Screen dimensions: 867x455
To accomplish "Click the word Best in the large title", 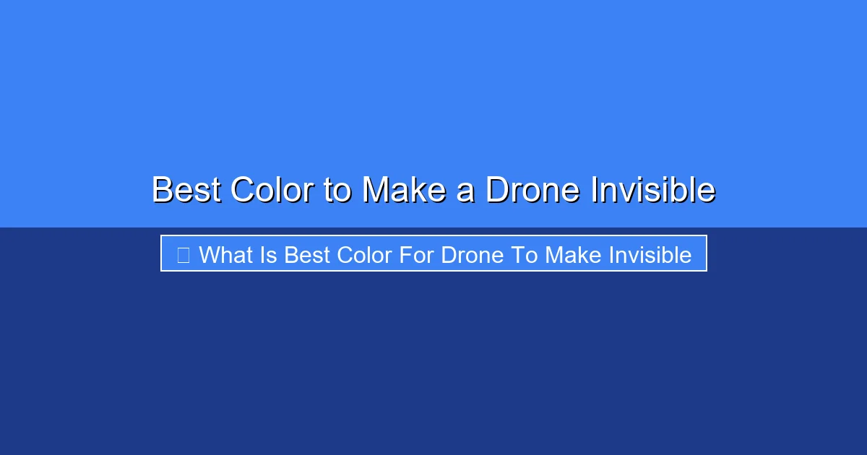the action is (186, 189).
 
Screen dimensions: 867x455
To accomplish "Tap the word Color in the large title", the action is (272, 189).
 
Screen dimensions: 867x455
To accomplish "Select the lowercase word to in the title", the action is (337, 191).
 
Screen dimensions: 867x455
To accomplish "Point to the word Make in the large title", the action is (405, 189).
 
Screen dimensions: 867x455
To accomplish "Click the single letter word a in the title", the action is (465, 193).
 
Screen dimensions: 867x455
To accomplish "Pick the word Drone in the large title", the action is (532, 189).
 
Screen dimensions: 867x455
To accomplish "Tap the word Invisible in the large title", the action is (653, 189).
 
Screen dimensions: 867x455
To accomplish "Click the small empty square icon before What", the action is (183, 256).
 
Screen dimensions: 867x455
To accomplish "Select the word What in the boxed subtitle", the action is (226, 255).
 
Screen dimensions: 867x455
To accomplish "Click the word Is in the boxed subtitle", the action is (268, 255).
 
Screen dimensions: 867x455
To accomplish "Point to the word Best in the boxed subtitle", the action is (307, 255).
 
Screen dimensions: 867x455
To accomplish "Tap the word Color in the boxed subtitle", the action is (364, 255).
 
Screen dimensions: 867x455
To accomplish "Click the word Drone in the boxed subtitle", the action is (473, 255).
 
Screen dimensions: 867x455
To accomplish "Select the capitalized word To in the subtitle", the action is (524, 255).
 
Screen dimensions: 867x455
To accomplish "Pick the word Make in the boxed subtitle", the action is (573, 255).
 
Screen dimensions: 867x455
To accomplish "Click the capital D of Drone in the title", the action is (496, 189).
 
